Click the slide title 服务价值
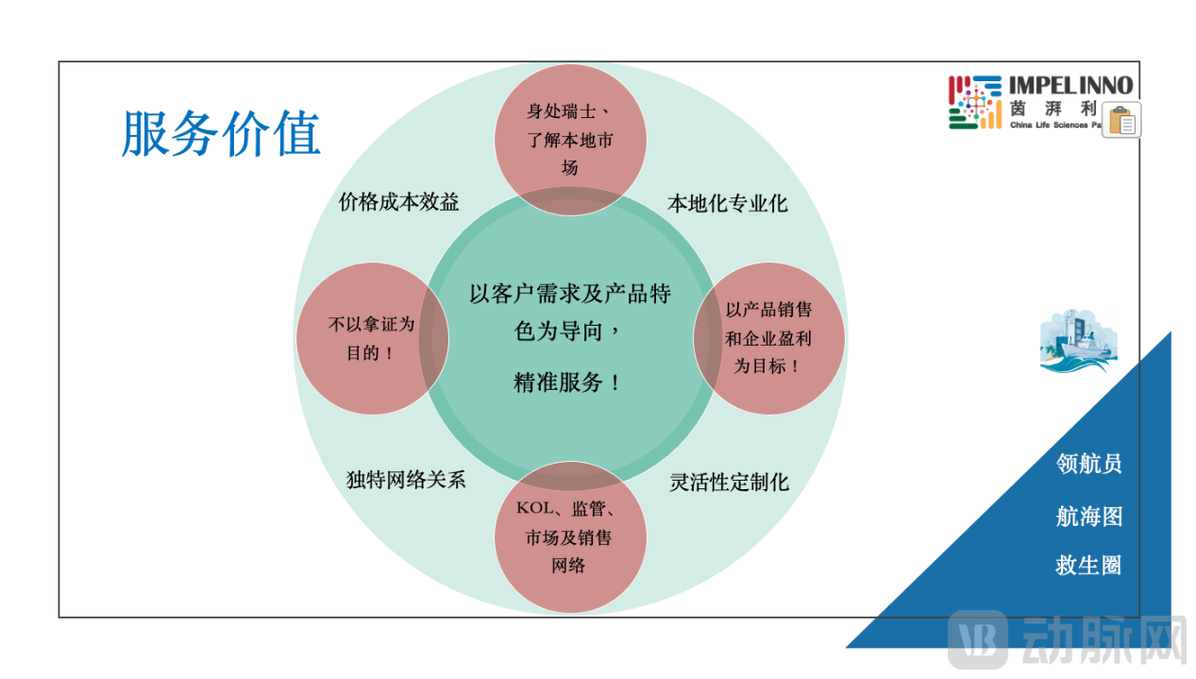click(x=222, y=133)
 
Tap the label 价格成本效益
click(x=399, y=202)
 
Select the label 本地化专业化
click(x=727, y=203)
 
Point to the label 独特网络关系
click(x=406, y=480)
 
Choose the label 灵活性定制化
click(x=729, y=483)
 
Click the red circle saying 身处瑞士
click(x=570, y=138)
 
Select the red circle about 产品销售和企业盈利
click(x=768, y=338)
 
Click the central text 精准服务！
click(x=568, y=382)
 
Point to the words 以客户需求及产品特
click(x=570, y=294)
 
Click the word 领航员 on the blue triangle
click(x=1088, y=464)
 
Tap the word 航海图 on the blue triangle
click(x=1088, y=517)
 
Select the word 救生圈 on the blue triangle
click(x=1088, y=566)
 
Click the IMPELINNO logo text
click(x=1070, y=86)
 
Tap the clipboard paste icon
click(x=1120, y=120)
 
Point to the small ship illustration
click(x=1077, y=341)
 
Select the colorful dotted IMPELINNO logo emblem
click(x=975, y=102)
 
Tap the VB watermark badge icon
click(x=978, y=641)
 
